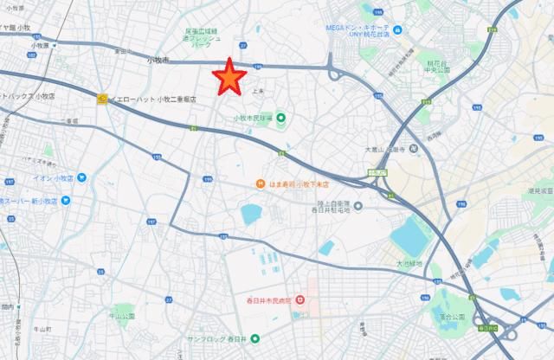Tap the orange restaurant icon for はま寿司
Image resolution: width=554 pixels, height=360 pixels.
click(258, 183)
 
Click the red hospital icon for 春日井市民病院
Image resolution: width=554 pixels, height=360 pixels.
click(300, 300)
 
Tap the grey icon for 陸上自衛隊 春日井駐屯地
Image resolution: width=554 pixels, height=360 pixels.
click(359, 205)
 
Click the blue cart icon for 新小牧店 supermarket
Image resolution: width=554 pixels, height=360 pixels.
click(66, 200)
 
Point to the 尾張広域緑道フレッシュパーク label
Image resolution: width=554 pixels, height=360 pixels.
click(203, 39)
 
